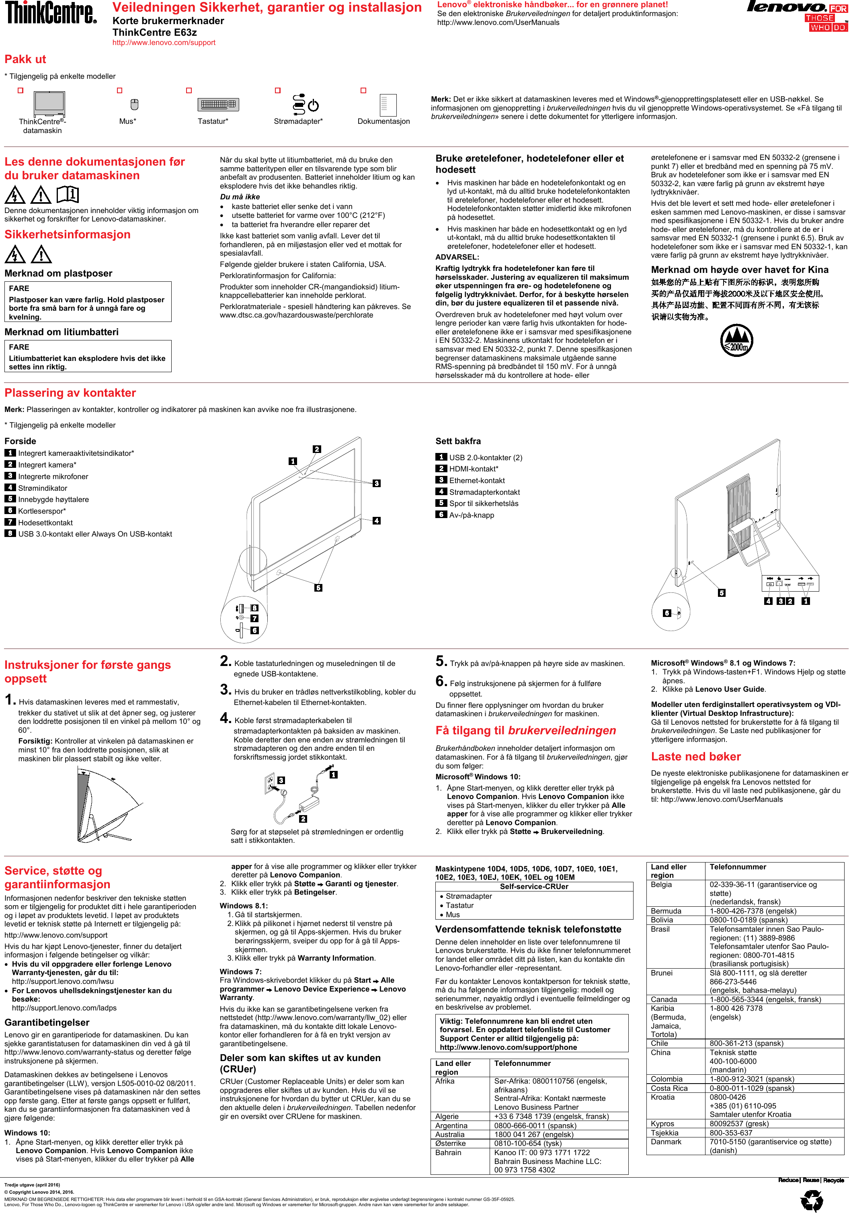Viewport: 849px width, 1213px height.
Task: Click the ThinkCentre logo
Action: coord(51,13)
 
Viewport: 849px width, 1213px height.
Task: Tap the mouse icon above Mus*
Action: coord(134,104)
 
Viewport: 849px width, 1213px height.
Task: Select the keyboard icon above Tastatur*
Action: coord(217,104)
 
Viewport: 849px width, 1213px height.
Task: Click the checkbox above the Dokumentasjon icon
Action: coord(363,90)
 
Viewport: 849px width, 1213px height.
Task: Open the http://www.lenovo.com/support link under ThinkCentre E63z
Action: coord(164,43)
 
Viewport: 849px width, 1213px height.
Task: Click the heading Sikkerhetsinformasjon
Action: coord(68,235)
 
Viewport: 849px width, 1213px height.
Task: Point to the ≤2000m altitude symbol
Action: coord(736,340)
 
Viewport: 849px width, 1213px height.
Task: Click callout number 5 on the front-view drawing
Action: coord(318,588)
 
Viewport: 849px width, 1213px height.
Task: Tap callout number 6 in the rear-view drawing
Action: coord(667,613)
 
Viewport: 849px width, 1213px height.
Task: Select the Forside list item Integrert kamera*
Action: coord(47,465)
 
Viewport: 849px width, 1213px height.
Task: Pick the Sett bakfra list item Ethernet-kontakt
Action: coord(476,481)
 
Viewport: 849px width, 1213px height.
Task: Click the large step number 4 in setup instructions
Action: coord(226,719)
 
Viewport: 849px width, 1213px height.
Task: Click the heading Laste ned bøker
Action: coord(695,756)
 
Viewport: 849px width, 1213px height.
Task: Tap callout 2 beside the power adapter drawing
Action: coord(303,819)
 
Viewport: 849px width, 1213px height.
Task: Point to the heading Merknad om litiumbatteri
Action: coord(61,332)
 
